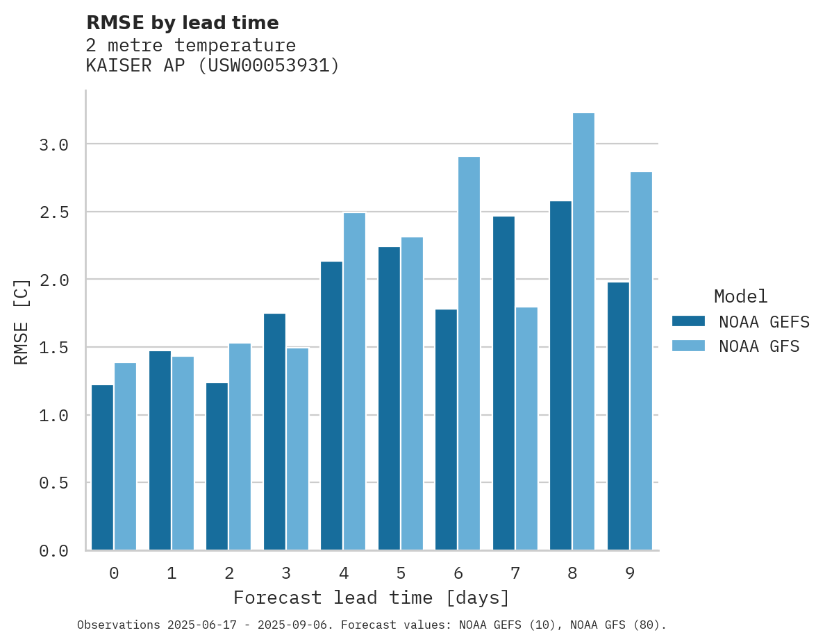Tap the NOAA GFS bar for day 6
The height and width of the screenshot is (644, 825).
(469, 353)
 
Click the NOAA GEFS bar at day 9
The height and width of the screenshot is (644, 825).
(618, 416)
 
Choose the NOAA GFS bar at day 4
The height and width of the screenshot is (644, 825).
(354, 381)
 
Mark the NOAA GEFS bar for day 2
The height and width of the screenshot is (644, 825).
(217, 466)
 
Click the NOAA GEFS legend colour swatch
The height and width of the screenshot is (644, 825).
(688, 321)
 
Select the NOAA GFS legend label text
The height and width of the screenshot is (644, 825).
(759, 346)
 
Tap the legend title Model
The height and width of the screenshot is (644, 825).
(740, 296)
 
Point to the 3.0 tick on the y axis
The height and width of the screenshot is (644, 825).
(53, 144)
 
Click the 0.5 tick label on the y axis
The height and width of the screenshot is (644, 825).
(53, 482)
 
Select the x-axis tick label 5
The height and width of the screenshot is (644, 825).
(401, 573)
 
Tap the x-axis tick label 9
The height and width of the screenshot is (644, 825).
(630, 573)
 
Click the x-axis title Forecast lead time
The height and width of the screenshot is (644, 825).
(372, 598)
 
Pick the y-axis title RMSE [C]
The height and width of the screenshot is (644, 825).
(22, 321)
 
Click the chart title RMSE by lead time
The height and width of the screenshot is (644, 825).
(182, 23)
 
